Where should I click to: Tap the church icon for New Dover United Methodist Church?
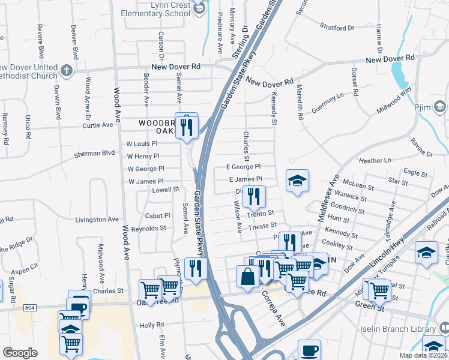coord(66,71)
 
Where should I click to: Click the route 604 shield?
coord(29,307)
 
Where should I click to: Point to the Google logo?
coord(20,352)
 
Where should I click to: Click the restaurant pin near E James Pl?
coord(254,196)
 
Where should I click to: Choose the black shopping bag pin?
coord(247,277)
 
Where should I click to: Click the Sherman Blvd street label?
coord(94,154)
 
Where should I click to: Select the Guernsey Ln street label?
coord(327,100)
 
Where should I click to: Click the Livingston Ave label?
coord(97,220)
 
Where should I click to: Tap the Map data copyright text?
coord(423,355)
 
